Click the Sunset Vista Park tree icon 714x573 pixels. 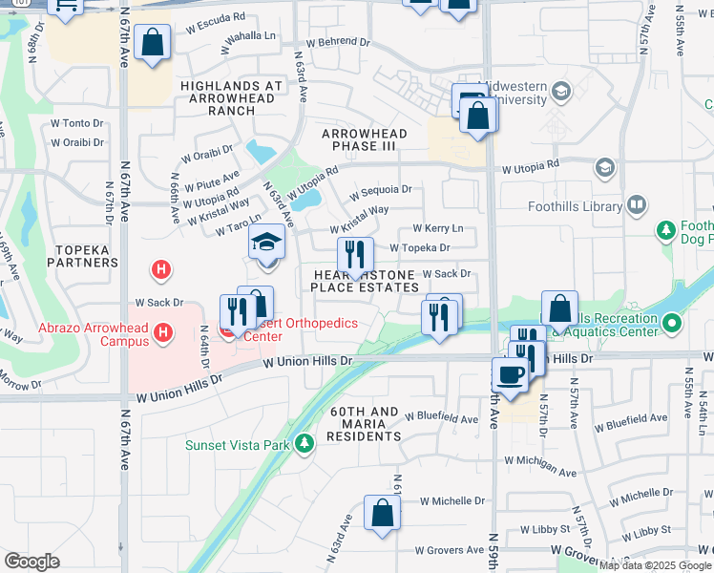(304, 443)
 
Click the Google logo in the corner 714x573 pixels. (31, 561)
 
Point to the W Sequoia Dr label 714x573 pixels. (380, 190)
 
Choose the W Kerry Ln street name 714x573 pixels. (437, 228)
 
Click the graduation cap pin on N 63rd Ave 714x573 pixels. (266, 242)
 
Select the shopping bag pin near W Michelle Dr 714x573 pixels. (382, 512)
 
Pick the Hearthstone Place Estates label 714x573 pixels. (366, 280)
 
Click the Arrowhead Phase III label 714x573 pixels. (364, 139)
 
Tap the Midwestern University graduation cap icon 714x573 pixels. (561, 92)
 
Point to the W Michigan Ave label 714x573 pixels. (542, 473)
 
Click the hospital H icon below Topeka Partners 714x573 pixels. (162, 270)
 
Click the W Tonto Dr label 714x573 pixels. (76, 123)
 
